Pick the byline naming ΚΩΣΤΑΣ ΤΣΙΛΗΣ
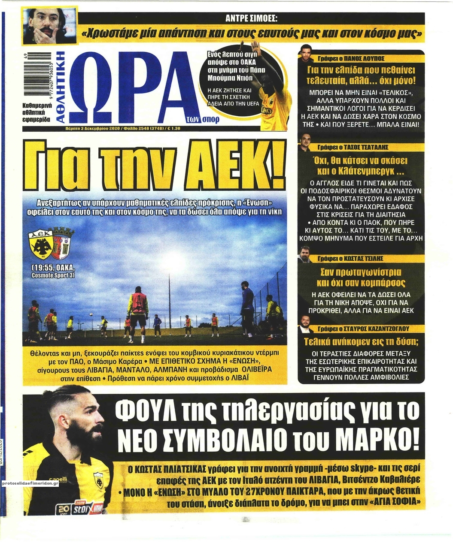[362, 258]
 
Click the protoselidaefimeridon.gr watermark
[30, 483]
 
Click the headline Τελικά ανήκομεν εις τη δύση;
[361, 342]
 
